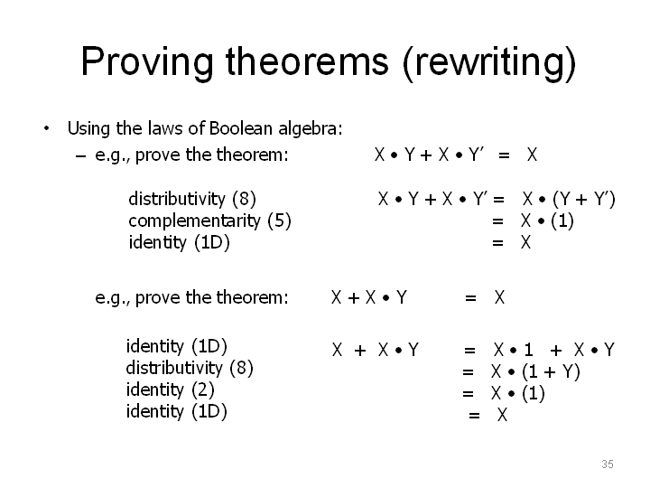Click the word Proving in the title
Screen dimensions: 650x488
(x=147, y=62)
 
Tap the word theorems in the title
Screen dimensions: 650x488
(x=307, y=61)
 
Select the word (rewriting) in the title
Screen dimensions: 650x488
(x=489, y=63)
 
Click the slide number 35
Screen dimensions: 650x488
(x=608, y=464)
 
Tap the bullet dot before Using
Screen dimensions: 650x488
(x=46, y=128)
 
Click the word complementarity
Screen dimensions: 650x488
(x=194, y=221)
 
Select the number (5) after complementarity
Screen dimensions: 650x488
(x=279, y=221)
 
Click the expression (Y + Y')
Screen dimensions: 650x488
(x=584, y=199)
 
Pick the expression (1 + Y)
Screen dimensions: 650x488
(x=551, y=371)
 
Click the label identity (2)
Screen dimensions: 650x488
(x=171, y=389)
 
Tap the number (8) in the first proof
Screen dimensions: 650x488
(x=244, y=199)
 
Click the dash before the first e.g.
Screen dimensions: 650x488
(x=81, y=156)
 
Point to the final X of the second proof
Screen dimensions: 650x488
(x=502, y=415)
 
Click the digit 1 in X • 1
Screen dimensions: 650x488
(x=528, y=350)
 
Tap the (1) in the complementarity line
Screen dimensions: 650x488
(x=562, y=221)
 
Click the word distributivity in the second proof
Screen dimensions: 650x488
(x=174, y=368)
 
